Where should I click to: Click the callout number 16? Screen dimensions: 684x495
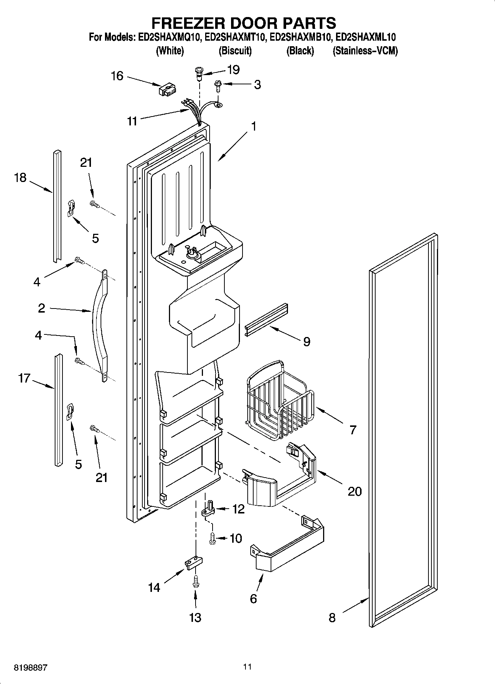(x=117, y=76)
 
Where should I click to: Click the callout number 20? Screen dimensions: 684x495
(x=355, y=491)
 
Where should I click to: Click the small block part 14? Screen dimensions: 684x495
(x=193, y=564)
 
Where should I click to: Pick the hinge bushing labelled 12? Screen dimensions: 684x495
(x=209, y=510)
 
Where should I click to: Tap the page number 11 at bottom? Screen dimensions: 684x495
(x=247, y=667)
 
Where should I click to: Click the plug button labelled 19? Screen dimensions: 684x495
(x=199, y=72)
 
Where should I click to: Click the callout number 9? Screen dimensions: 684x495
(x=306, y=341)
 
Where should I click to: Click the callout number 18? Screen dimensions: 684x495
(x=20, y=178)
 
